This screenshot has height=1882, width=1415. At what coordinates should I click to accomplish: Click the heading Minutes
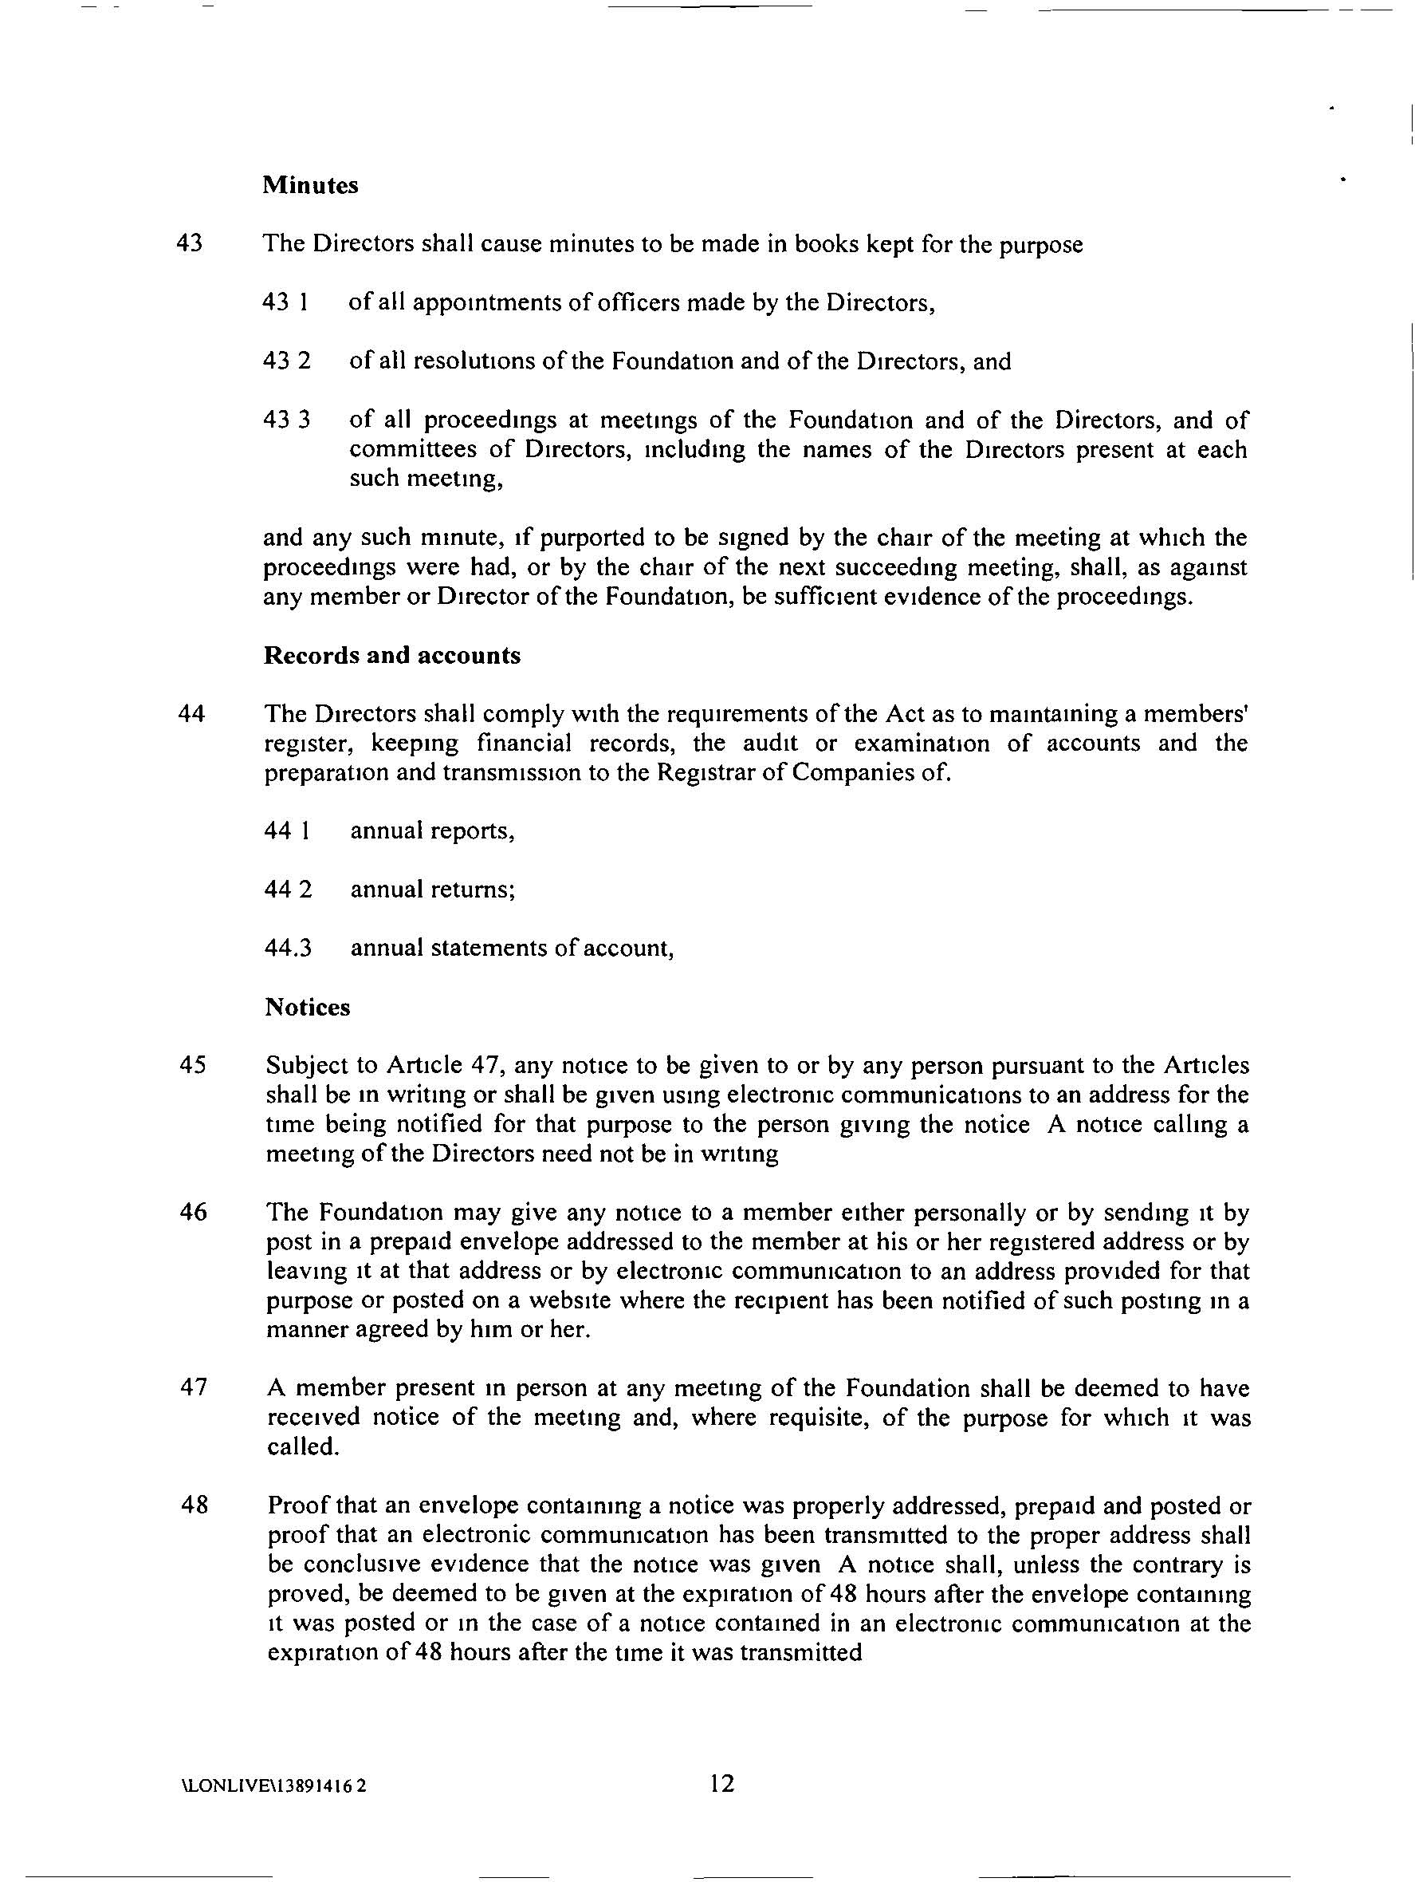310,185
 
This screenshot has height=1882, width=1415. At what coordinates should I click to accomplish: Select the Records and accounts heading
392,655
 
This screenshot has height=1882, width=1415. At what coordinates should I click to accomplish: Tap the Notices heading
308,1008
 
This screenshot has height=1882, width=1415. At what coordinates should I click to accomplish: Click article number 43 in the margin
190,244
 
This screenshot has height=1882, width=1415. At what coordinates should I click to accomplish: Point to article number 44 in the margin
191,714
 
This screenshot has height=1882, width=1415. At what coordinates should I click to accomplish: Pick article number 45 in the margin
193,1065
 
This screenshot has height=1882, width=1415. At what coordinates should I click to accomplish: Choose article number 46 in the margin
194,1212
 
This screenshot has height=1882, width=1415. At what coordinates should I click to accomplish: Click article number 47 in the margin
194,1387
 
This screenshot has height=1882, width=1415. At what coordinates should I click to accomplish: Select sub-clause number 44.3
289,948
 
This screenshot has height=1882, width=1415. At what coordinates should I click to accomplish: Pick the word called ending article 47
303,1447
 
